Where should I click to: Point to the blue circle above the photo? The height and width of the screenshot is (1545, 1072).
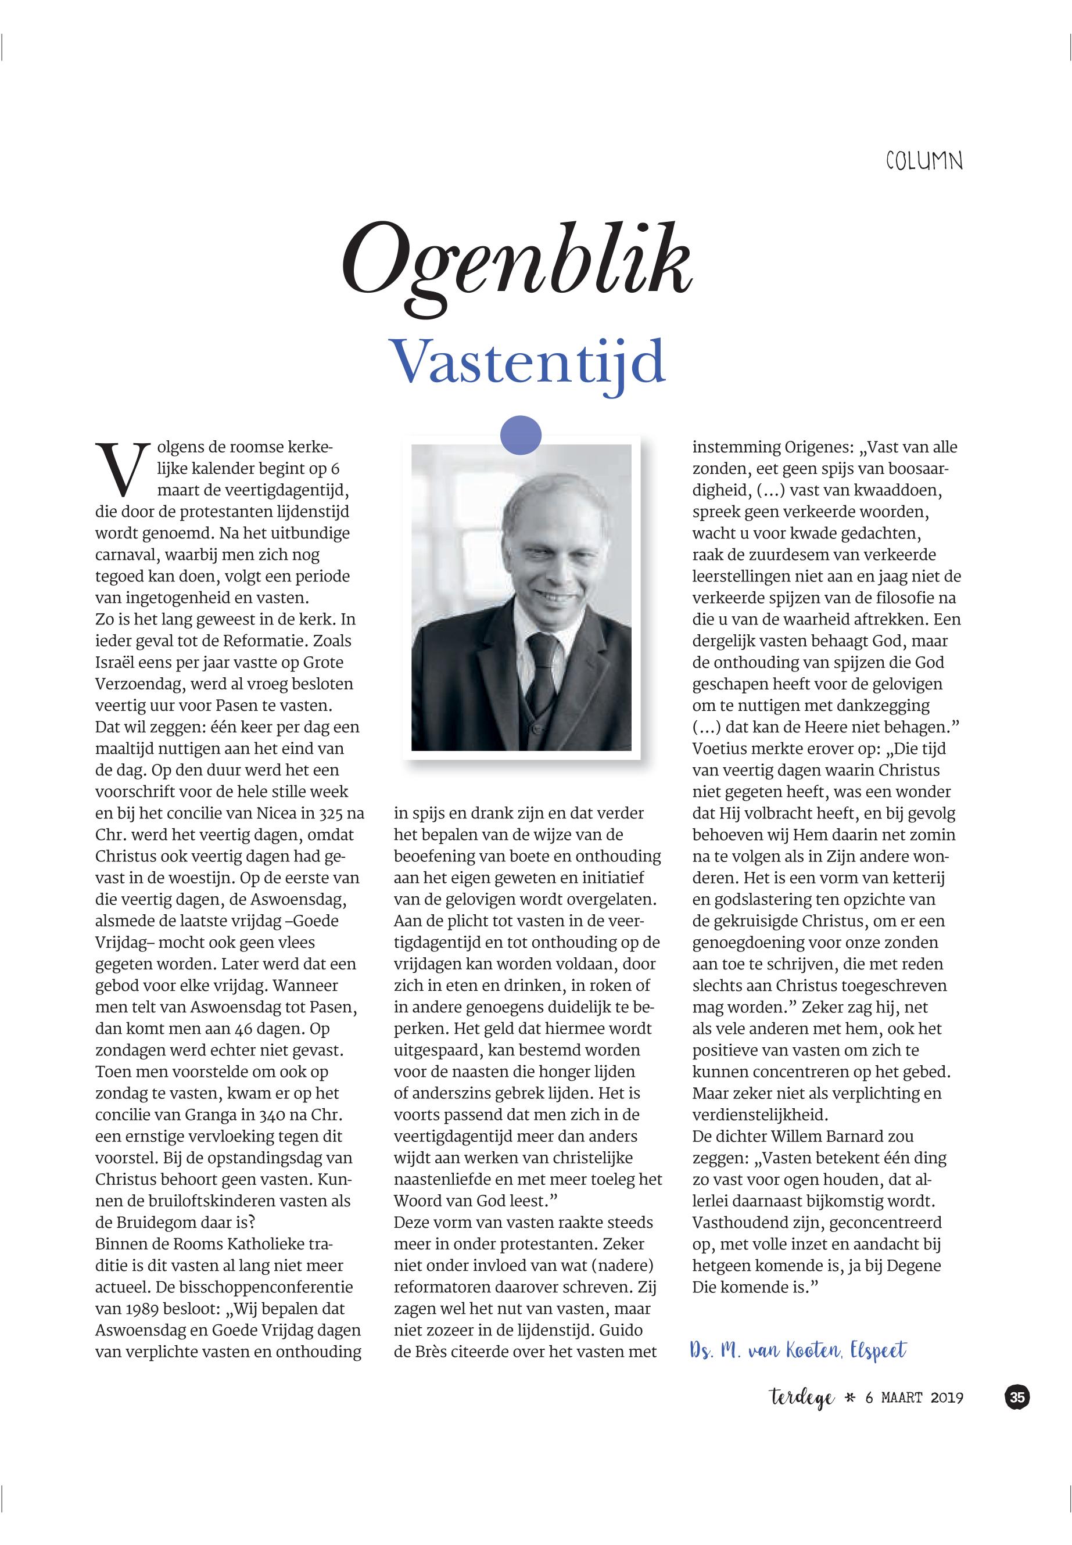pos(521,435)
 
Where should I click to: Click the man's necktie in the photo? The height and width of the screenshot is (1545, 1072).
pos(542,664)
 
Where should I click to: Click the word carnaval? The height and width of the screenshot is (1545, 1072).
pos(124,555)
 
